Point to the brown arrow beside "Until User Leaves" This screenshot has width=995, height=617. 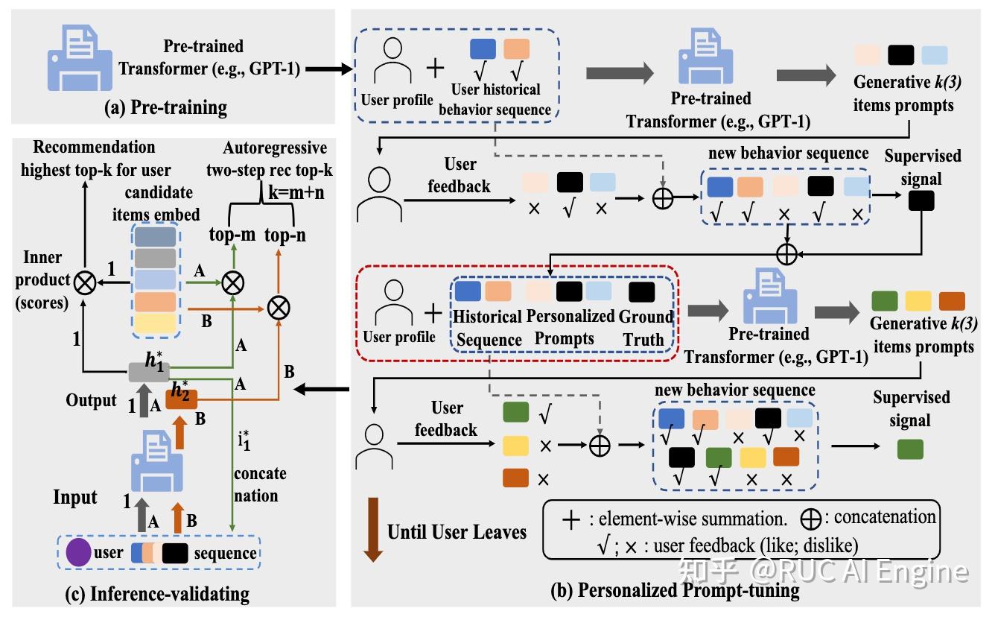tap(372, 532)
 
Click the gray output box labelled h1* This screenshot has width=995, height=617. tap(148, 371)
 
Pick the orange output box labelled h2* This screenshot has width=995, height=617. tap(180, 399)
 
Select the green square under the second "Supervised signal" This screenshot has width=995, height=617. tap(910, 449)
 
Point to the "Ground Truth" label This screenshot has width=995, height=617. tap(646, 327)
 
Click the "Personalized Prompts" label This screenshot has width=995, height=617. tap(570, 327)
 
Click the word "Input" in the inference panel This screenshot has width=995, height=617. tap(74, 497)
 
